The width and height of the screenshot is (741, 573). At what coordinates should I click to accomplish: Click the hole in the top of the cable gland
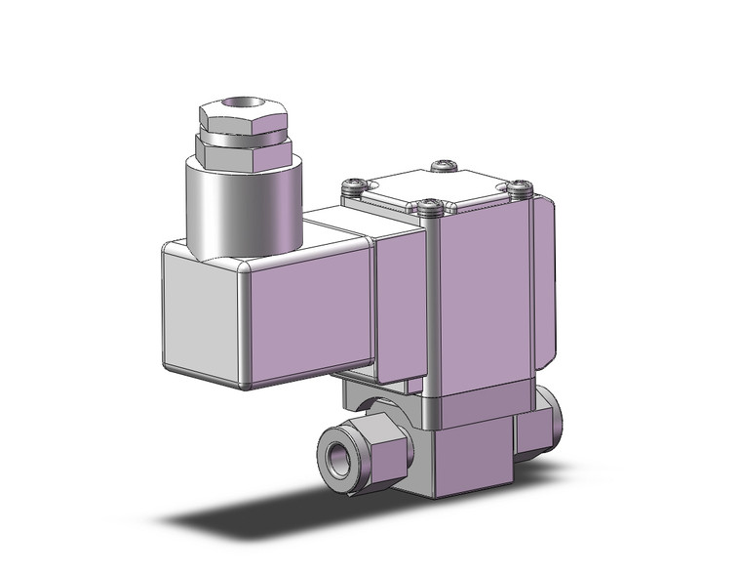pyautogui.click(x=237, y=102)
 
